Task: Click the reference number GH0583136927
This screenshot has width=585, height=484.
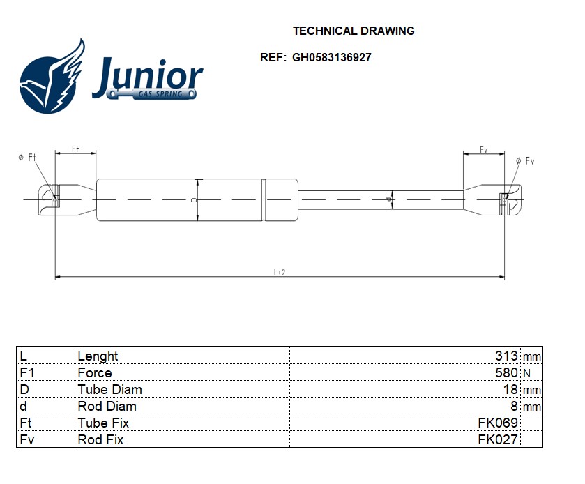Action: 331,57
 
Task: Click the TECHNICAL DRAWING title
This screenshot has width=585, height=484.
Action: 354,31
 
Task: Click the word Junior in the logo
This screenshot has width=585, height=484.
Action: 148,77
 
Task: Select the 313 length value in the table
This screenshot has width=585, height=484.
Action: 506,356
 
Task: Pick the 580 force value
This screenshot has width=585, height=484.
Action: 506,372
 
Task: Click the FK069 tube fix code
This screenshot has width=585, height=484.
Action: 498,423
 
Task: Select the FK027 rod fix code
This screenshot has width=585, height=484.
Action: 498,439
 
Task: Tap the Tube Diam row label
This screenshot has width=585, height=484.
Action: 109,390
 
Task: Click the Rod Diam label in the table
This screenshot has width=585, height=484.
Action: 107,406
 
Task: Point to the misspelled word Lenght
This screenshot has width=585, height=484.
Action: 98,356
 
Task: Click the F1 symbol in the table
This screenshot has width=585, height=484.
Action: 27,372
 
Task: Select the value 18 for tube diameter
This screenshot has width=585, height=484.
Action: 510,389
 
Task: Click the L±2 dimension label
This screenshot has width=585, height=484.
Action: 280,273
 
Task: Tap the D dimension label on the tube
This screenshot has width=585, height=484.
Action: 194,200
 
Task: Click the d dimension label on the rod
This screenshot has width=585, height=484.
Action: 388,199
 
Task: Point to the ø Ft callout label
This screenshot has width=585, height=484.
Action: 27,157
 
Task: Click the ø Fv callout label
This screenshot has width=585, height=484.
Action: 525,161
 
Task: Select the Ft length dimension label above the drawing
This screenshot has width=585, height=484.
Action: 75,149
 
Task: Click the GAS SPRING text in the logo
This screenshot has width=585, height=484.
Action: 160,94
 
